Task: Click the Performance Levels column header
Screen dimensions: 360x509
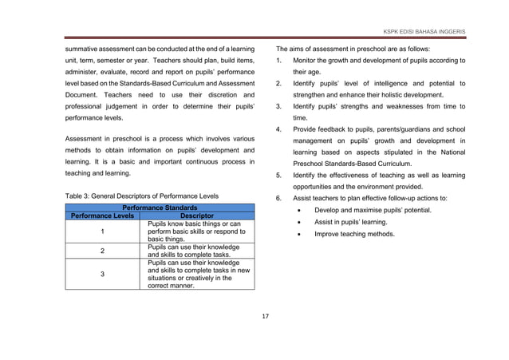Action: point(102,216)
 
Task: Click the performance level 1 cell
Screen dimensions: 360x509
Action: point(102,231)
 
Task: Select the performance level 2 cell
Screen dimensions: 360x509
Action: point(102,251)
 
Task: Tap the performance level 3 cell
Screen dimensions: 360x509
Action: point(102,273)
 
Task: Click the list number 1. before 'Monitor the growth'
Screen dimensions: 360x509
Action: point(278,61)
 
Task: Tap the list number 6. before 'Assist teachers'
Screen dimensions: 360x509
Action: point(278,198)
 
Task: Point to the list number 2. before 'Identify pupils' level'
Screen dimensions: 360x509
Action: point(278,83)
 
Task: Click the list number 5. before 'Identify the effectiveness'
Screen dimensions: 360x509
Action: point(278,176)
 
